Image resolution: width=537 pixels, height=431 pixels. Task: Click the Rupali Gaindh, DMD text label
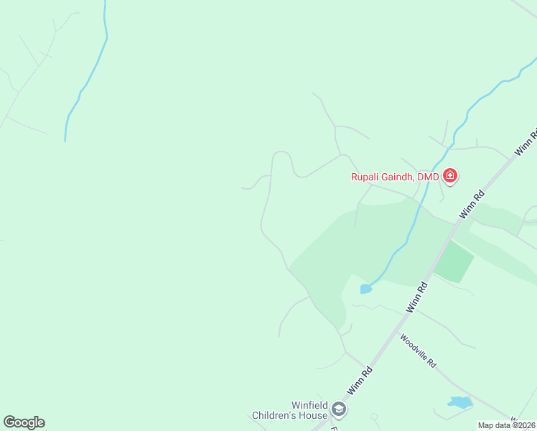tap(394, 177)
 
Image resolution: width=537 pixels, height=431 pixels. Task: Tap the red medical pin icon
tap(450, 175)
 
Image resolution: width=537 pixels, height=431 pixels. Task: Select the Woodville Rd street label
tap(419, 351)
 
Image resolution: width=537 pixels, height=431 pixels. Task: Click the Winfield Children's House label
tap(289, 410)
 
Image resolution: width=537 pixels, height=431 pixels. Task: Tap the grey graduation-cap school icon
tap(339, 410)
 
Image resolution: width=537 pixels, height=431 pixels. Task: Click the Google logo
tap(24, 422)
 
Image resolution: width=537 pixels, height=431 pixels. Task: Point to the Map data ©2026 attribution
tap(507, 425)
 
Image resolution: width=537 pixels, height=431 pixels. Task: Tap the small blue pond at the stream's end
tap(366, 289)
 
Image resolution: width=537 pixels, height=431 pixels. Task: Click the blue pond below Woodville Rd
tap(459, 402)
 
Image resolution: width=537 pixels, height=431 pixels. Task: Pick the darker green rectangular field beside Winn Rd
tap(454, 262)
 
